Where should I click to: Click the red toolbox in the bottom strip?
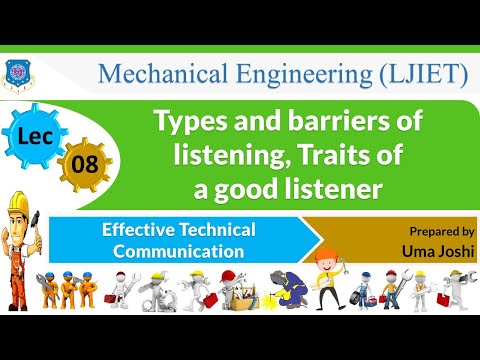click(371, 300)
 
